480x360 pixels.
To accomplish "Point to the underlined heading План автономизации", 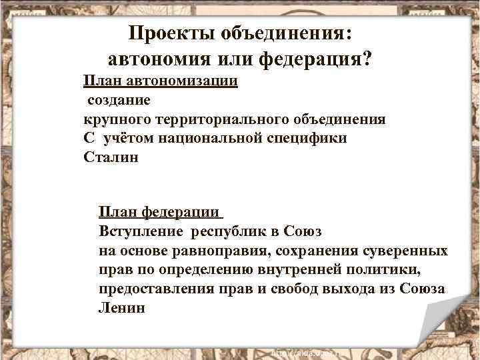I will click(x=161, y=81).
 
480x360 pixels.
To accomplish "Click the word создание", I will click(x=117, y=101).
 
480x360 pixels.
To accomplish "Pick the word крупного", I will click(x=117, y=120).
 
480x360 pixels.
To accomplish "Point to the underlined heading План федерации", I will click(x=159, y=213).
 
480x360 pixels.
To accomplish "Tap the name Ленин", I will click(x=121, y=309).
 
